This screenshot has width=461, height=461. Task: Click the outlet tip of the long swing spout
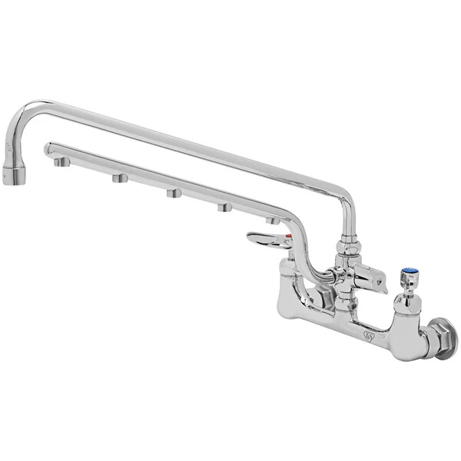tap(14, 177)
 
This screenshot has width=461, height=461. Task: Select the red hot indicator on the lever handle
tap(289, 238)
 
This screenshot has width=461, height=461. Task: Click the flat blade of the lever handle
tap(264, 240)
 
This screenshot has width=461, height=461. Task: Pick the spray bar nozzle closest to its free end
tap(59, 163)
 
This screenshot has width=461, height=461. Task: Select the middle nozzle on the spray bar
tap(173, 193)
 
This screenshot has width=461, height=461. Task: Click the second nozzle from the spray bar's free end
tap(119, 178)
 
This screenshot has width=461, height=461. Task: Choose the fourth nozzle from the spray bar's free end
tap(224, 207)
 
